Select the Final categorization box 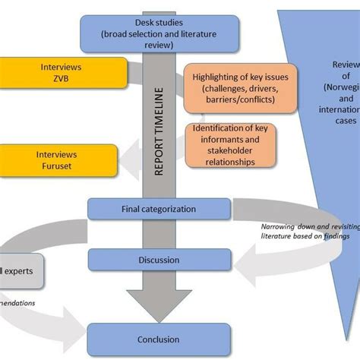coord(158,209)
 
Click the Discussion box coord(158,261)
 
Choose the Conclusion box coord(158,339)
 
